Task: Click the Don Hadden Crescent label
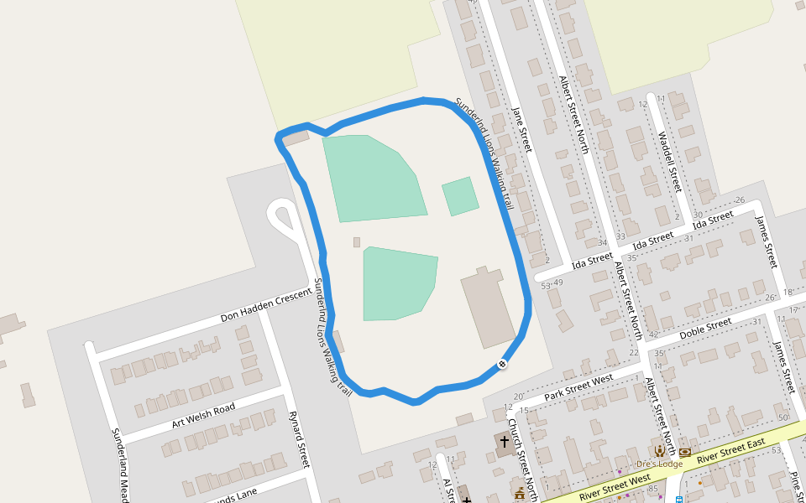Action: [x=265, y=306]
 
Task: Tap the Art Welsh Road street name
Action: [x=203, y=414]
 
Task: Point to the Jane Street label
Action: [x=521, y=129]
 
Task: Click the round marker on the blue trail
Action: [x=501, y=364]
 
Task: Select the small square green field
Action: [x=460, y=196]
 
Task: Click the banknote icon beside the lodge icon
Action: [x=685, y=452]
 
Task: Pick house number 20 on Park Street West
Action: [x=518, y=397]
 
